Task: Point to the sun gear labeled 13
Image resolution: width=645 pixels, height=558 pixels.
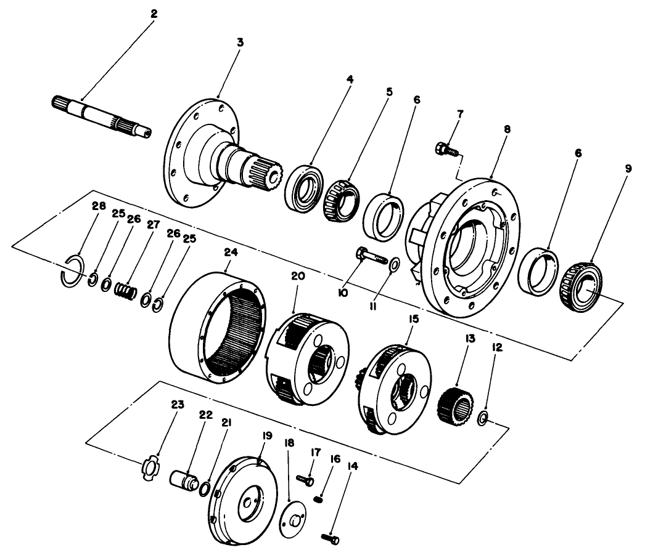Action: (x=455, y=407)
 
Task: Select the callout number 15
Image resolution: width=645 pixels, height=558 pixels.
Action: (x=413, y=320)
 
